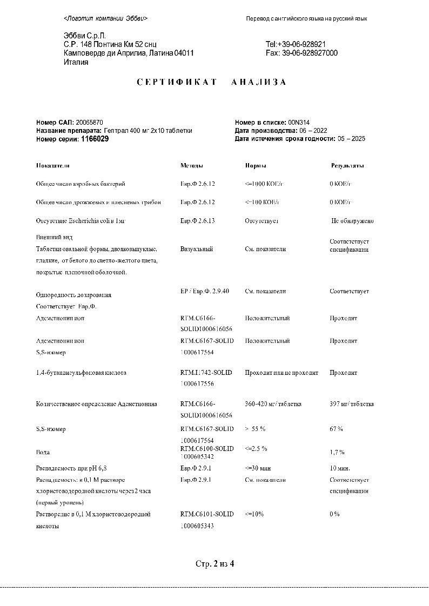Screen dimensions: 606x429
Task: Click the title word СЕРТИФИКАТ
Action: (177, 82)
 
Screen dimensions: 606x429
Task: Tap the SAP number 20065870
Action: (90, 123)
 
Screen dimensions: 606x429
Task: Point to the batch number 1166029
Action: (95, 139)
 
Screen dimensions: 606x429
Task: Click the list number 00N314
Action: (298, 123)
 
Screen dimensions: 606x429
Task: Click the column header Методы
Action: (192, 165)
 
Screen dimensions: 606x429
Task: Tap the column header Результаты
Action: (347, 165)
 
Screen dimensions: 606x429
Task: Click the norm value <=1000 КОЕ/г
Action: (264, 184)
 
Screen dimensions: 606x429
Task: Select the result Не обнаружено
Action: (352, 220)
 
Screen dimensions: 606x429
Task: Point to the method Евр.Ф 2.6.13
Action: (198, 220)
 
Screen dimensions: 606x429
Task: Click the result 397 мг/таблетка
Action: (351, 404)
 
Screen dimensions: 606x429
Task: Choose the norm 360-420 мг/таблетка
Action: (273, 404)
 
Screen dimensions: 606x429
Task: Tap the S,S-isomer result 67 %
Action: (336, 429)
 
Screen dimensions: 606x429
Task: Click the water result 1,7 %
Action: (337, 452)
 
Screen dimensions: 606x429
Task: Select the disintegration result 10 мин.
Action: (340, 468)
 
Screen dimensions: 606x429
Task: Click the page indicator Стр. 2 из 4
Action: (215, 564)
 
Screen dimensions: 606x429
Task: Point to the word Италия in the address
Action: (76, 62)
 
